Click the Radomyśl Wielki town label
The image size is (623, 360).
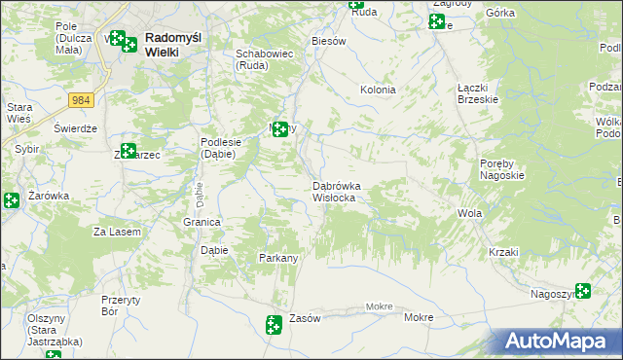click(x=174, y=45)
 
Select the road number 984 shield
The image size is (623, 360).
click(x=82, y=99)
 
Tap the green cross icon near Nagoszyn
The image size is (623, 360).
click(x=583, y=290)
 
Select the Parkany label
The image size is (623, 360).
click(x=277, y=258)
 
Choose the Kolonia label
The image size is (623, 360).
click(x=378, y=90)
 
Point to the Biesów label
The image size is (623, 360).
click(x=328, y=42)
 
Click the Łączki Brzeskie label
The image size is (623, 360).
click(x=478, y=92)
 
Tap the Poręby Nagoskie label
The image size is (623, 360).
click(x=502, y=169)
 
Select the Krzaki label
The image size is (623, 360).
click(x=504, y=252)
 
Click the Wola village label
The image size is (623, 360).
click(x=470, y=213)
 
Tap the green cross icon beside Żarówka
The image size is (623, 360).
click(x=11, y=200)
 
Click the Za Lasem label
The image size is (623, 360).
click(x=117, y=232)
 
